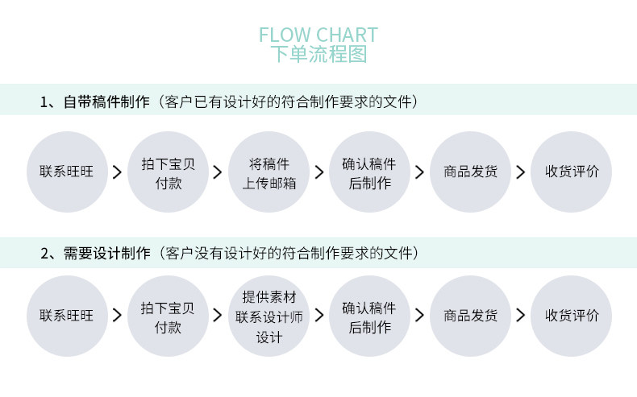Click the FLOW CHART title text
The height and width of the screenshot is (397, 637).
[x=318, y=35]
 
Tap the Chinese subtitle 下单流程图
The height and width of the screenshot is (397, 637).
[x=318, y=55]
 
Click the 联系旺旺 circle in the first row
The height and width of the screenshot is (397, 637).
[x=67, y=172]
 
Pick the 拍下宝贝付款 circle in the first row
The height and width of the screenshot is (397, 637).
[x=168, y=172]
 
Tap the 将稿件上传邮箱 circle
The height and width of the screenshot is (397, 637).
[x=269, y=172]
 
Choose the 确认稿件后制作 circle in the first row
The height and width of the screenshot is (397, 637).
[x=369, y=172]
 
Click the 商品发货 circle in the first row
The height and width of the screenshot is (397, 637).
[x=470, y=172]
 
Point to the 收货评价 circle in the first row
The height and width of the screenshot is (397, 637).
[x=571, y=172]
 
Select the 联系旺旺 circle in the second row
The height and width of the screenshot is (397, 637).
[x=67, y=316]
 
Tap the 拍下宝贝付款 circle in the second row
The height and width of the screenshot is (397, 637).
[x=168, y=316]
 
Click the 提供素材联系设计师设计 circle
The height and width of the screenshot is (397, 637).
[x=269, y=316]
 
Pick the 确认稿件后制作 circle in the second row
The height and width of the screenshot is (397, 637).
[x=369, y=316]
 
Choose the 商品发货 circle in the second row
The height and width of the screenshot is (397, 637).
[x=470, y=316]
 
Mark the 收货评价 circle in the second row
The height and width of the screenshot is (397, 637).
[x=571, y=316]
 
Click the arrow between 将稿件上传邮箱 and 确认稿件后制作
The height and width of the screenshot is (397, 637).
[x=319, y=172]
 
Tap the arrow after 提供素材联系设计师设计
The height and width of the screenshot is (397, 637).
[x=319, y=316]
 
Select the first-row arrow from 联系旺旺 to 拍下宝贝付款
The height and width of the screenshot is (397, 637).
[x=117, y=172]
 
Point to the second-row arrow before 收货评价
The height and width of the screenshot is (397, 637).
[x=521, y=316]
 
